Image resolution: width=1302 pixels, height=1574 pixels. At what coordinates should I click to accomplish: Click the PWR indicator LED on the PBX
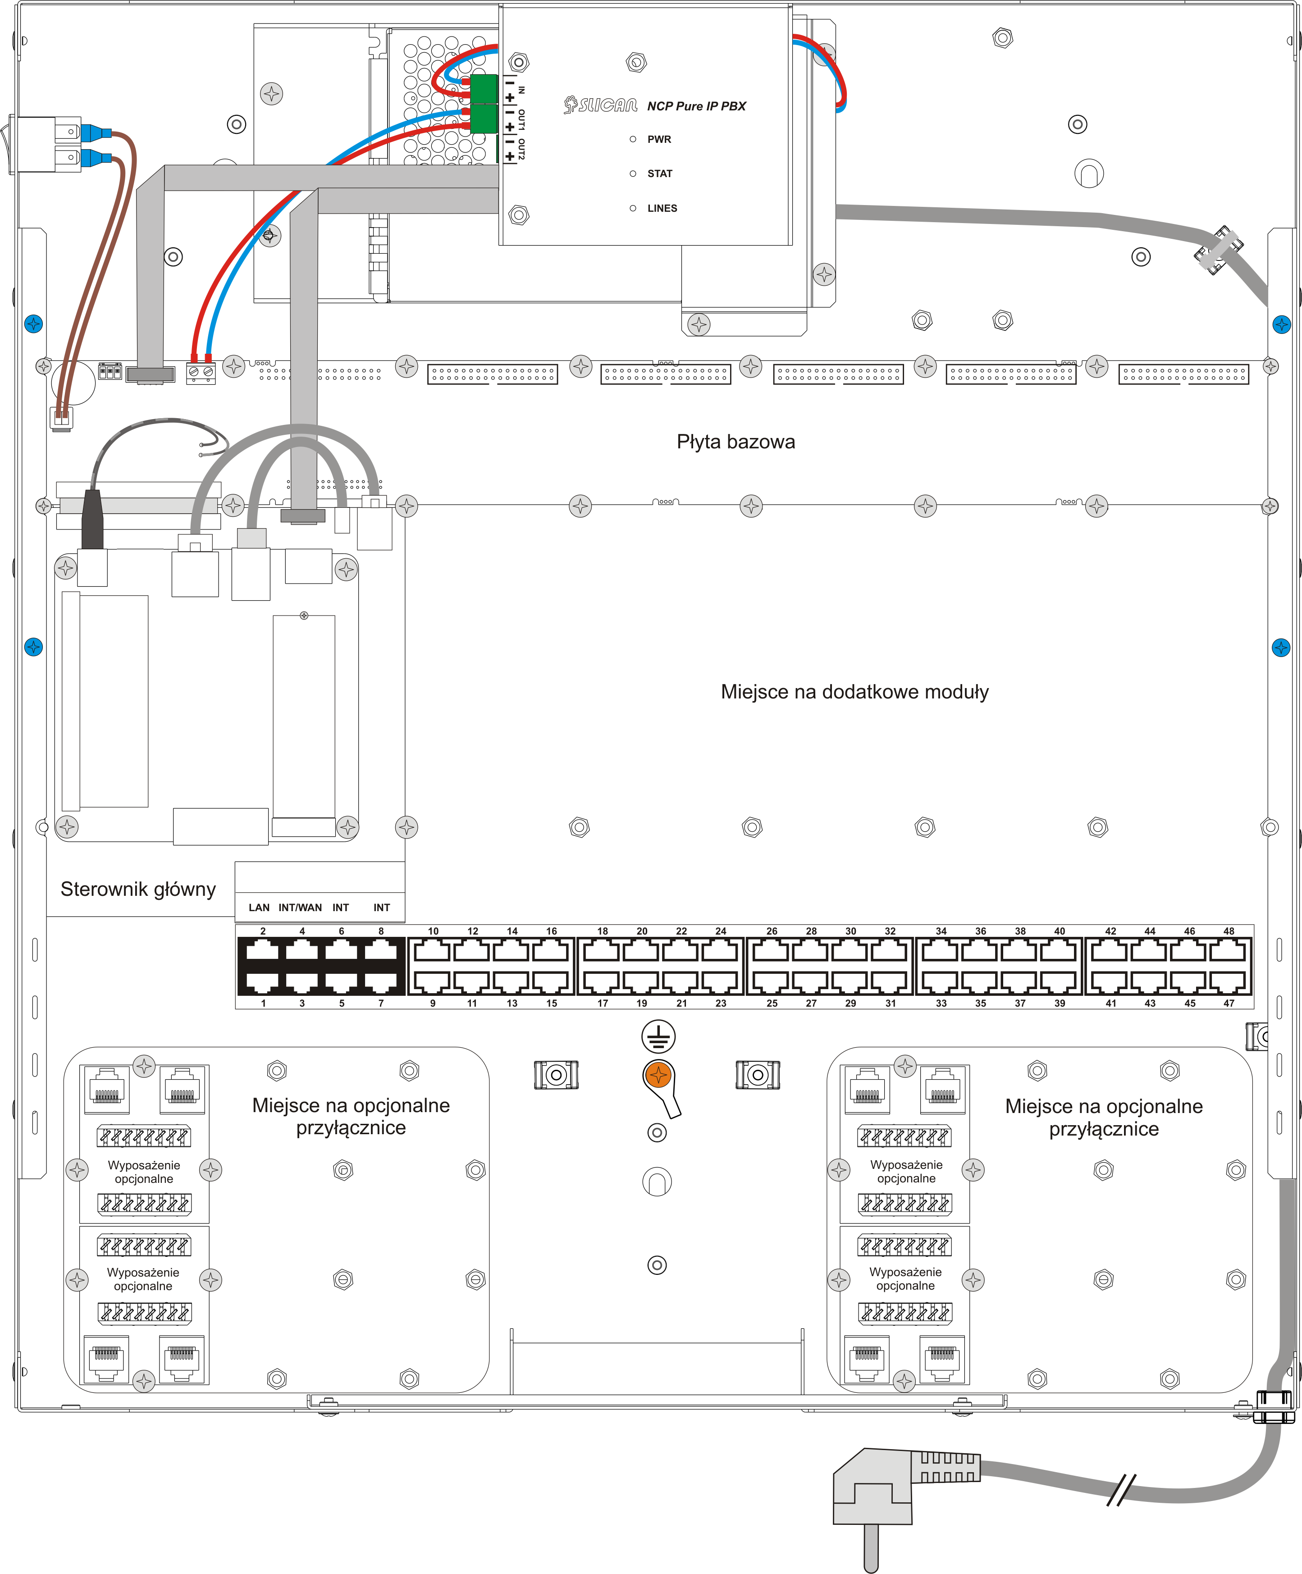tap(633, 139)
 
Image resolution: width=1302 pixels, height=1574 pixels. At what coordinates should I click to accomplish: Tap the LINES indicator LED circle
tap(633, 208)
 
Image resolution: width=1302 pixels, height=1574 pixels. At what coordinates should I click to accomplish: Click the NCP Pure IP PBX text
tap(696, 106)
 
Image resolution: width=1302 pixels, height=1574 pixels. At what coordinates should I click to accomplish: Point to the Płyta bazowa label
tap(736, 442)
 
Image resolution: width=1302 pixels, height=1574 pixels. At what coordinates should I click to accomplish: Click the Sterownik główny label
tap(138, 889)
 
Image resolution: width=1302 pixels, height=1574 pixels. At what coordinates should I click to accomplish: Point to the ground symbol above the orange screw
tap(658, 1036)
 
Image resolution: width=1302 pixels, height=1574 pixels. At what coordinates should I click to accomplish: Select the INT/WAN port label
tap(300, 908)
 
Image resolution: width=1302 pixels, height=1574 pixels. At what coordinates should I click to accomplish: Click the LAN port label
tap(259, 908)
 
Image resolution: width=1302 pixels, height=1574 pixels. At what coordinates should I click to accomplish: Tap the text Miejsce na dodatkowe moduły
tap(854, 692)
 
